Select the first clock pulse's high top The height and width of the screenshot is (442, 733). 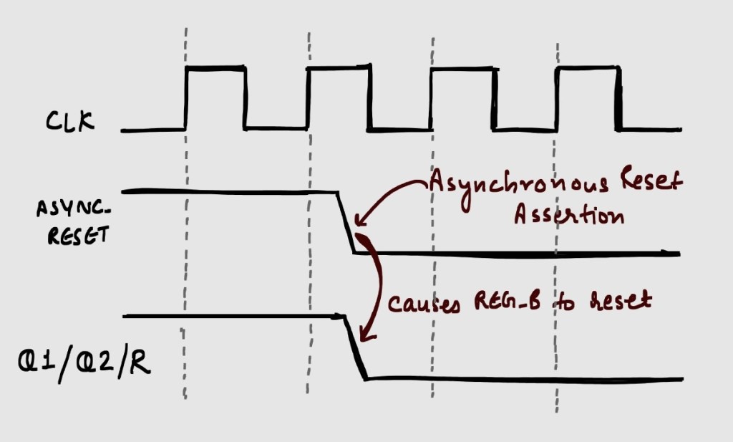[x=215, y=67]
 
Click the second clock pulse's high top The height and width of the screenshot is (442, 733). [x=339, y=67]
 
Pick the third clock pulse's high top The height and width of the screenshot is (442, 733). [x=462, y=69]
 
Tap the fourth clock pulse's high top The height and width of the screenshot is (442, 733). [x=587, y=67]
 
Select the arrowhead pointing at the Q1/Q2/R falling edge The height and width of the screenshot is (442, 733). [x=365, y=334]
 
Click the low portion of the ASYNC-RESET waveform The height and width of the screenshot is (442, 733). [x=515, y=253]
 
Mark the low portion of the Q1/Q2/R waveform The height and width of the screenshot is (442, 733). [x=523, y=378]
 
